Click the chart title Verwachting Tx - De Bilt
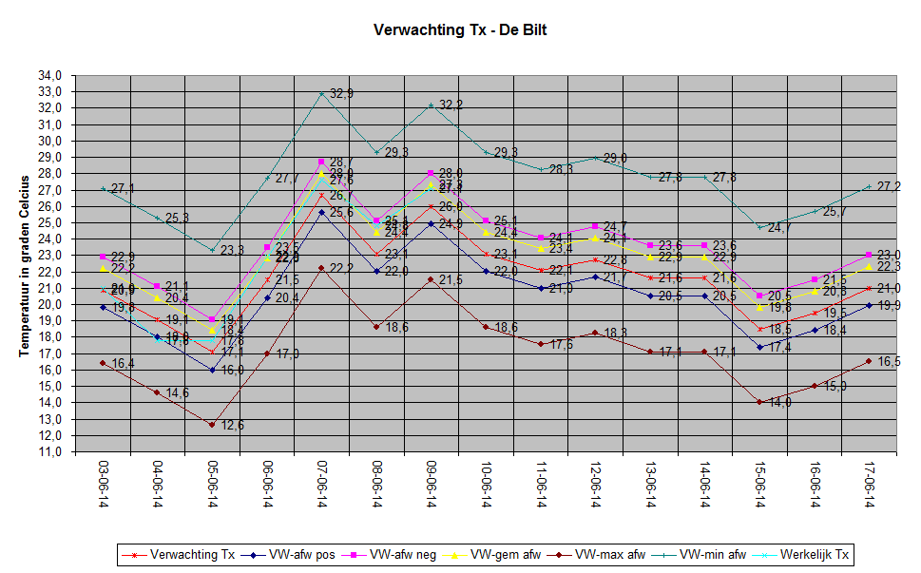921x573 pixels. [460, 30]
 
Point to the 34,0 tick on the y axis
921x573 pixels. [50, 75]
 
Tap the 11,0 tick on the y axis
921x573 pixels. [50, 451]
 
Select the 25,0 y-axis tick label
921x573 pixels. [50, 222]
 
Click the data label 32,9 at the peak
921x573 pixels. [342, 94]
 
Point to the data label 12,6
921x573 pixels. [232, 425]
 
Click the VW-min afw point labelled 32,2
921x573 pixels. [432, 105]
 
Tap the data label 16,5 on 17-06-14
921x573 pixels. [889, 361]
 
